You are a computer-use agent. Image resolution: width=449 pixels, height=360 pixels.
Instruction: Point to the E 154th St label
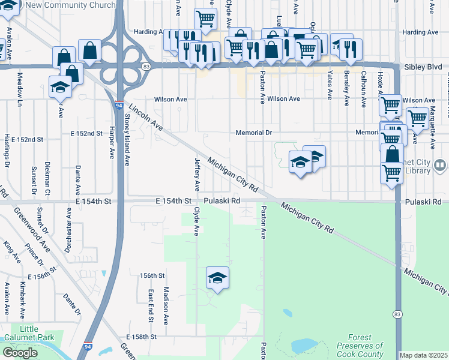[x=173, y=201]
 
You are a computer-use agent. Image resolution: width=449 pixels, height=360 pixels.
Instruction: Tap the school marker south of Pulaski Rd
[x=217, y=278]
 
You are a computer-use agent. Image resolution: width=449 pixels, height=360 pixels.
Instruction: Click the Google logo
[x=20, y=352]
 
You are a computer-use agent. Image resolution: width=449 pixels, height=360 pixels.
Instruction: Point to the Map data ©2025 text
[x=424, y=355]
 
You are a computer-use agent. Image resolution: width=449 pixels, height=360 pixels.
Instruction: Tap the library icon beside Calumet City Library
[x=440, y=164]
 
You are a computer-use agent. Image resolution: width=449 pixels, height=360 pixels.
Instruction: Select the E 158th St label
[x=142, y=337]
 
